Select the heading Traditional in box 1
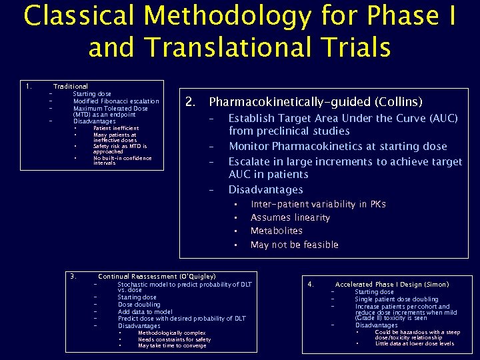pyautogui.click(x=70, y=87)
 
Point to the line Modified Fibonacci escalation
pyautogui.click(x=116, y=101)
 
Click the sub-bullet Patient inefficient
pyautogui.click(x=116, y=128)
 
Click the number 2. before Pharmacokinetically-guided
pyautogui.click(x=190, y=102)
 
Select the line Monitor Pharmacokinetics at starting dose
pyautogui.click(x=337, y=146)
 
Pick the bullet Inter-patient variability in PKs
pyautogui.click(x=318, y=204)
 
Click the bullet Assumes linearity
pyautogui.click(x=290, y=217)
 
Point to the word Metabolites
pyautogui.click(x=276, y=231)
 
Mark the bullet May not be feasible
pyautogui.click(x=294, y=245)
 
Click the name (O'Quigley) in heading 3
pyautogui.click(x=197, y=276)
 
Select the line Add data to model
pyautogui.click(x=145, y=311)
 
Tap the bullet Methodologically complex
pyautogui.click(x=171, y=333)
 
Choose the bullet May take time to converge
pyautogui.click(x=173, y=345)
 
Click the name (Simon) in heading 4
pyautogui.click(x=437, y=284)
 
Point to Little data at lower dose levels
pyautogui.click(x=414, y=343)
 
